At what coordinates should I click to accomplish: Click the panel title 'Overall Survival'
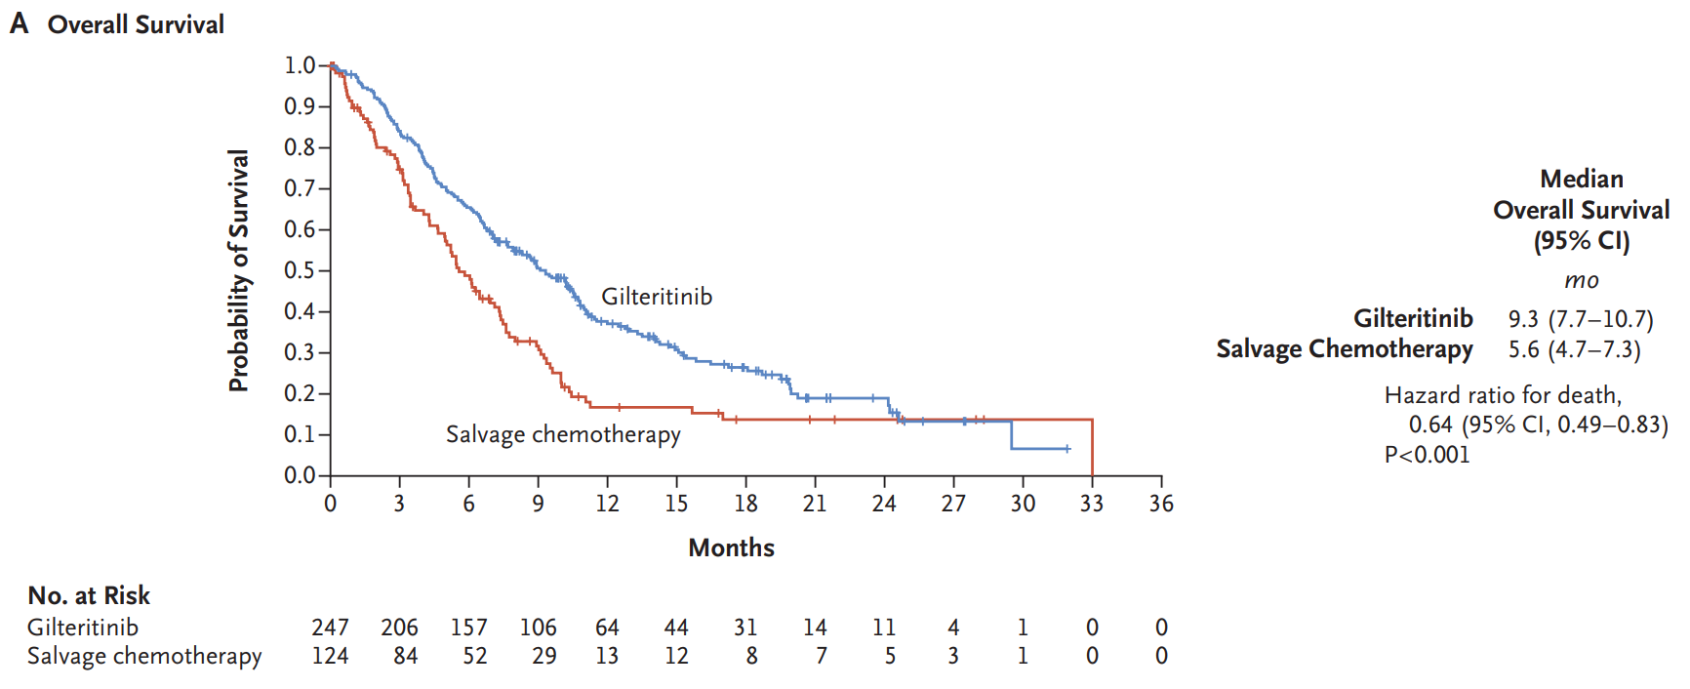tap(136, 24)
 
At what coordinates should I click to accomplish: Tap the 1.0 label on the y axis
tap(300, 65)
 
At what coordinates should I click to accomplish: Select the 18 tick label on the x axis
tap(745, 504)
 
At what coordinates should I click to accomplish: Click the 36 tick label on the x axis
tap(1161, 504)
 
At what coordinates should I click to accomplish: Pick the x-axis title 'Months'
tap(731, 547)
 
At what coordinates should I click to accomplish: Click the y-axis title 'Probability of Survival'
tap(239, 270)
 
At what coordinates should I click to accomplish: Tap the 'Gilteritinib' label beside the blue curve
tap(657, 297)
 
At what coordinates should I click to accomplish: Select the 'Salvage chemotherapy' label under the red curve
tap(563, 434)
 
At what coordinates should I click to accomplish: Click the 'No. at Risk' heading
tap(89, 595)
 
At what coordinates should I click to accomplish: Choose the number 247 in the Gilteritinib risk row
tap(330, 628)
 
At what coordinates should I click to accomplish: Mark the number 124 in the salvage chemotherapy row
tap(330, 656)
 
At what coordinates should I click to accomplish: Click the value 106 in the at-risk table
tap(538, 628)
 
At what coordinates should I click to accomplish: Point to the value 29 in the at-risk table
tap(544, 656)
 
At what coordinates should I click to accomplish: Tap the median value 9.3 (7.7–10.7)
tap(1580, 319)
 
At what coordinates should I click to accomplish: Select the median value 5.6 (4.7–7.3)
tap(1574, 349)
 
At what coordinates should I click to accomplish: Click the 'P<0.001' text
tap(1427, 455)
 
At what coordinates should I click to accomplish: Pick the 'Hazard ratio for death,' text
tap(1503, 395)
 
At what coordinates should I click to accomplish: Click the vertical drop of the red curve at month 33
tap(1092, 448)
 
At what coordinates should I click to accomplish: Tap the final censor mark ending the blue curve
tap(1067, 449)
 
